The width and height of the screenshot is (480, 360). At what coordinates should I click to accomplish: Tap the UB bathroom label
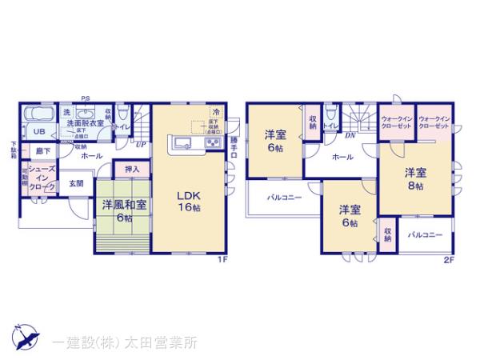37,132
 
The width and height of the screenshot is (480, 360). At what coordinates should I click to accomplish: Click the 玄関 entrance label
76,184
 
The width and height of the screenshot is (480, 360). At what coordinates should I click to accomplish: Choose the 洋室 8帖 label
414,178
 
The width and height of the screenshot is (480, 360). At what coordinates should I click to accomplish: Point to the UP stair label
141,144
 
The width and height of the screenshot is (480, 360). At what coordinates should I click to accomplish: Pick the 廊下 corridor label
41,150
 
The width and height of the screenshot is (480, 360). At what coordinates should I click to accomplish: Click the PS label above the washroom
86,99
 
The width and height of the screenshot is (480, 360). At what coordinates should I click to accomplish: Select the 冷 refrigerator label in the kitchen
215,113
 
